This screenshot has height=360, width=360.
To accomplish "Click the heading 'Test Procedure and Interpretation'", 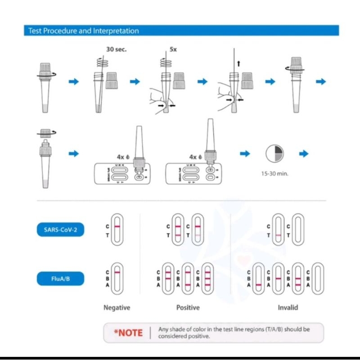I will (83, 31).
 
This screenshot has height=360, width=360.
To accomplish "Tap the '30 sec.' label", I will (116, 49).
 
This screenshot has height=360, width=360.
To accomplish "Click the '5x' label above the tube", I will (173, 49).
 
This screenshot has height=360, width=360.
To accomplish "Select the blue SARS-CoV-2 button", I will (60, 230).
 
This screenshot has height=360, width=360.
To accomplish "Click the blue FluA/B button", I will (60, 279).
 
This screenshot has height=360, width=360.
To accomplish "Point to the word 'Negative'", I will (117, 308).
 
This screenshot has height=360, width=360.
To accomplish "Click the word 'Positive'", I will (188, 308).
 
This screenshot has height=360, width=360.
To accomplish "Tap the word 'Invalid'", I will (288, 308).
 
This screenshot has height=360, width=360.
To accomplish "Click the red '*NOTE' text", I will (128, 333).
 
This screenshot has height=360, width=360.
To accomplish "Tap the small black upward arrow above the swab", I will (238, 64).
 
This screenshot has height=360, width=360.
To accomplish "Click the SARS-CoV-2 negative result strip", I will (117, 230).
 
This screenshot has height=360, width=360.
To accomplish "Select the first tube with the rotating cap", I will (47, 85).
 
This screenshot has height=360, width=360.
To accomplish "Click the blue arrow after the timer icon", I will (304, 154).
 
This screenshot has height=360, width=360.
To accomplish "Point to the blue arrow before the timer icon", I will (245, 154).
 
